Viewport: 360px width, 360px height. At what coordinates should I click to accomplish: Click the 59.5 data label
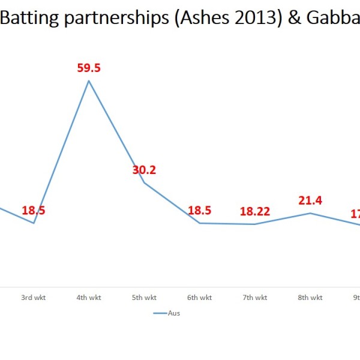(89, 68)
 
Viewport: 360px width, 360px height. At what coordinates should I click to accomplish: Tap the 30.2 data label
(144, 170)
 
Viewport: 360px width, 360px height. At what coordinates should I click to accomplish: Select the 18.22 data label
(255, 211)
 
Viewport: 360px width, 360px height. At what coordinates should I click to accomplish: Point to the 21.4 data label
(310, 200)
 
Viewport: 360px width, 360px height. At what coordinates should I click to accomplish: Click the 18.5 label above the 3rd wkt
(34, 210)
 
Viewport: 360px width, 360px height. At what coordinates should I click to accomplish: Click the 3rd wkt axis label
(34, 297)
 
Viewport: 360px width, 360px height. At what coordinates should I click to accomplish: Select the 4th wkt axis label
(89, 297)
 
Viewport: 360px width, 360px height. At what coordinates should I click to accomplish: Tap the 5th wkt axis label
(144, 297)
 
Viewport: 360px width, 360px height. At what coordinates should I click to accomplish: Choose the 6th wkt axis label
(199, 297)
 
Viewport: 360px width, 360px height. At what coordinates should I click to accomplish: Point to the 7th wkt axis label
(255, 297)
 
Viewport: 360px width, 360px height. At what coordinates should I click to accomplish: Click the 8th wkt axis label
(310, 297)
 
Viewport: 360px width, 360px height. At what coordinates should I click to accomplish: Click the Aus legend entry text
(174, 313)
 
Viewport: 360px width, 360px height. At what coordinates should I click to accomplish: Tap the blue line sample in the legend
(160, 313)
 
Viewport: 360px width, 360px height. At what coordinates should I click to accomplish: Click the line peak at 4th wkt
(89, 80)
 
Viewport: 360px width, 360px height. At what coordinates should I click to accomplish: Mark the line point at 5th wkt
(144, 182)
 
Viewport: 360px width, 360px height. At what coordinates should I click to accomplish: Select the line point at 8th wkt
(310, 213)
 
